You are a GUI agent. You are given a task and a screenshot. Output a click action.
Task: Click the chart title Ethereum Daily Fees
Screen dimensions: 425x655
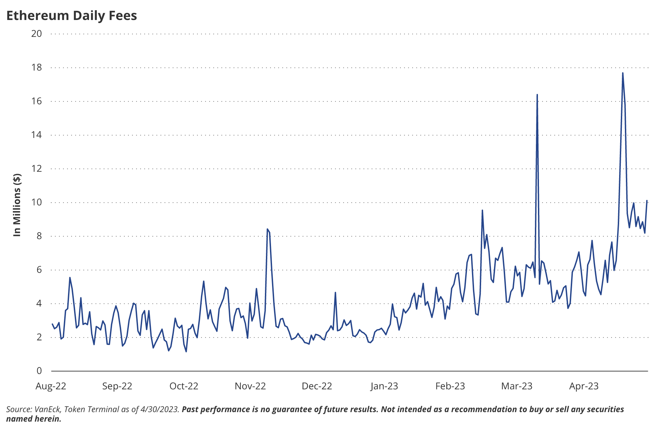[72, 16]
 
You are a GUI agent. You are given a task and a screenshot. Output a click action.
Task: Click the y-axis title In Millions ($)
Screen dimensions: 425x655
[17, 205]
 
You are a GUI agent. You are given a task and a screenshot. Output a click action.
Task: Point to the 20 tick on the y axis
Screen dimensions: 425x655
[37, 34]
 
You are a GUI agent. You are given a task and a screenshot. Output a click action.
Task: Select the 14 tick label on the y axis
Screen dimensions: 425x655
[37, 135]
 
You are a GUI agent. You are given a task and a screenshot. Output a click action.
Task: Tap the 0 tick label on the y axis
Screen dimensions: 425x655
[39, 371]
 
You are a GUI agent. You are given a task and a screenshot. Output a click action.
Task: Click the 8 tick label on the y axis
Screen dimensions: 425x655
[39, 236]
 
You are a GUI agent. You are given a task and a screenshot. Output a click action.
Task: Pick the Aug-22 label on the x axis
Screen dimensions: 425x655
[51, 386]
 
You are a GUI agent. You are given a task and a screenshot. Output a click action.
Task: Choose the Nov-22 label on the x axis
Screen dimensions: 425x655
[250, 386]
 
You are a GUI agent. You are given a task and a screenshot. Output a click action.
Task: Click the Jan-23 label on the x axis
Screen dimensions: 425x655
[384, 386]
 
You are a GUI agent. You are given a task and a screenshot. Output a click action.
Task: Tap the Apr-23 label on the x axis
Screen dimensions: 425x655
[584, 386]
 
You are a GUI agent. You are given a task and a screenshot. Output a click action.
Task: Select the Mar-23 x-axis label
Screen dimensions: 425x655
[517, 386]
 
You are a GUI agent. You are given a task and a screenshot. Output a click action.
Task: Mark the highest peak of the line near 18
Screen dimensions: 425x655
[623, 73]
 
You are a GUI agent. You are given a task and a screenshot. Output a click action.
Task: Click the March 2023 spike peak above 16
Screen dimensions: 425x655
[537, 95]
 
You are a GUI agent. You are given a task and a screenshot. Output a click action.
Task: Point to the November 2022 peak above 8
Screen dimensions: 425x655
[267, 229]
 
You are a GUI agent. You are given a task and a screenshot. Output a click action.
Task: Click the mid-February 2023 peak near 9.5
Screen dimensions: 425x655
[482, 210]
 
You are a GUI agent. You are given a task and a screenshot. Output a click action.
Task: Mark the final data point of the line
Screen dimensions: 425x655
[647, 201]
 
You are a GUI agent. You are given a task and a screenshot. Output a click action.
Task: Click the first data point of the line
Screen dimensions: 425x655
[52, 324]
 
